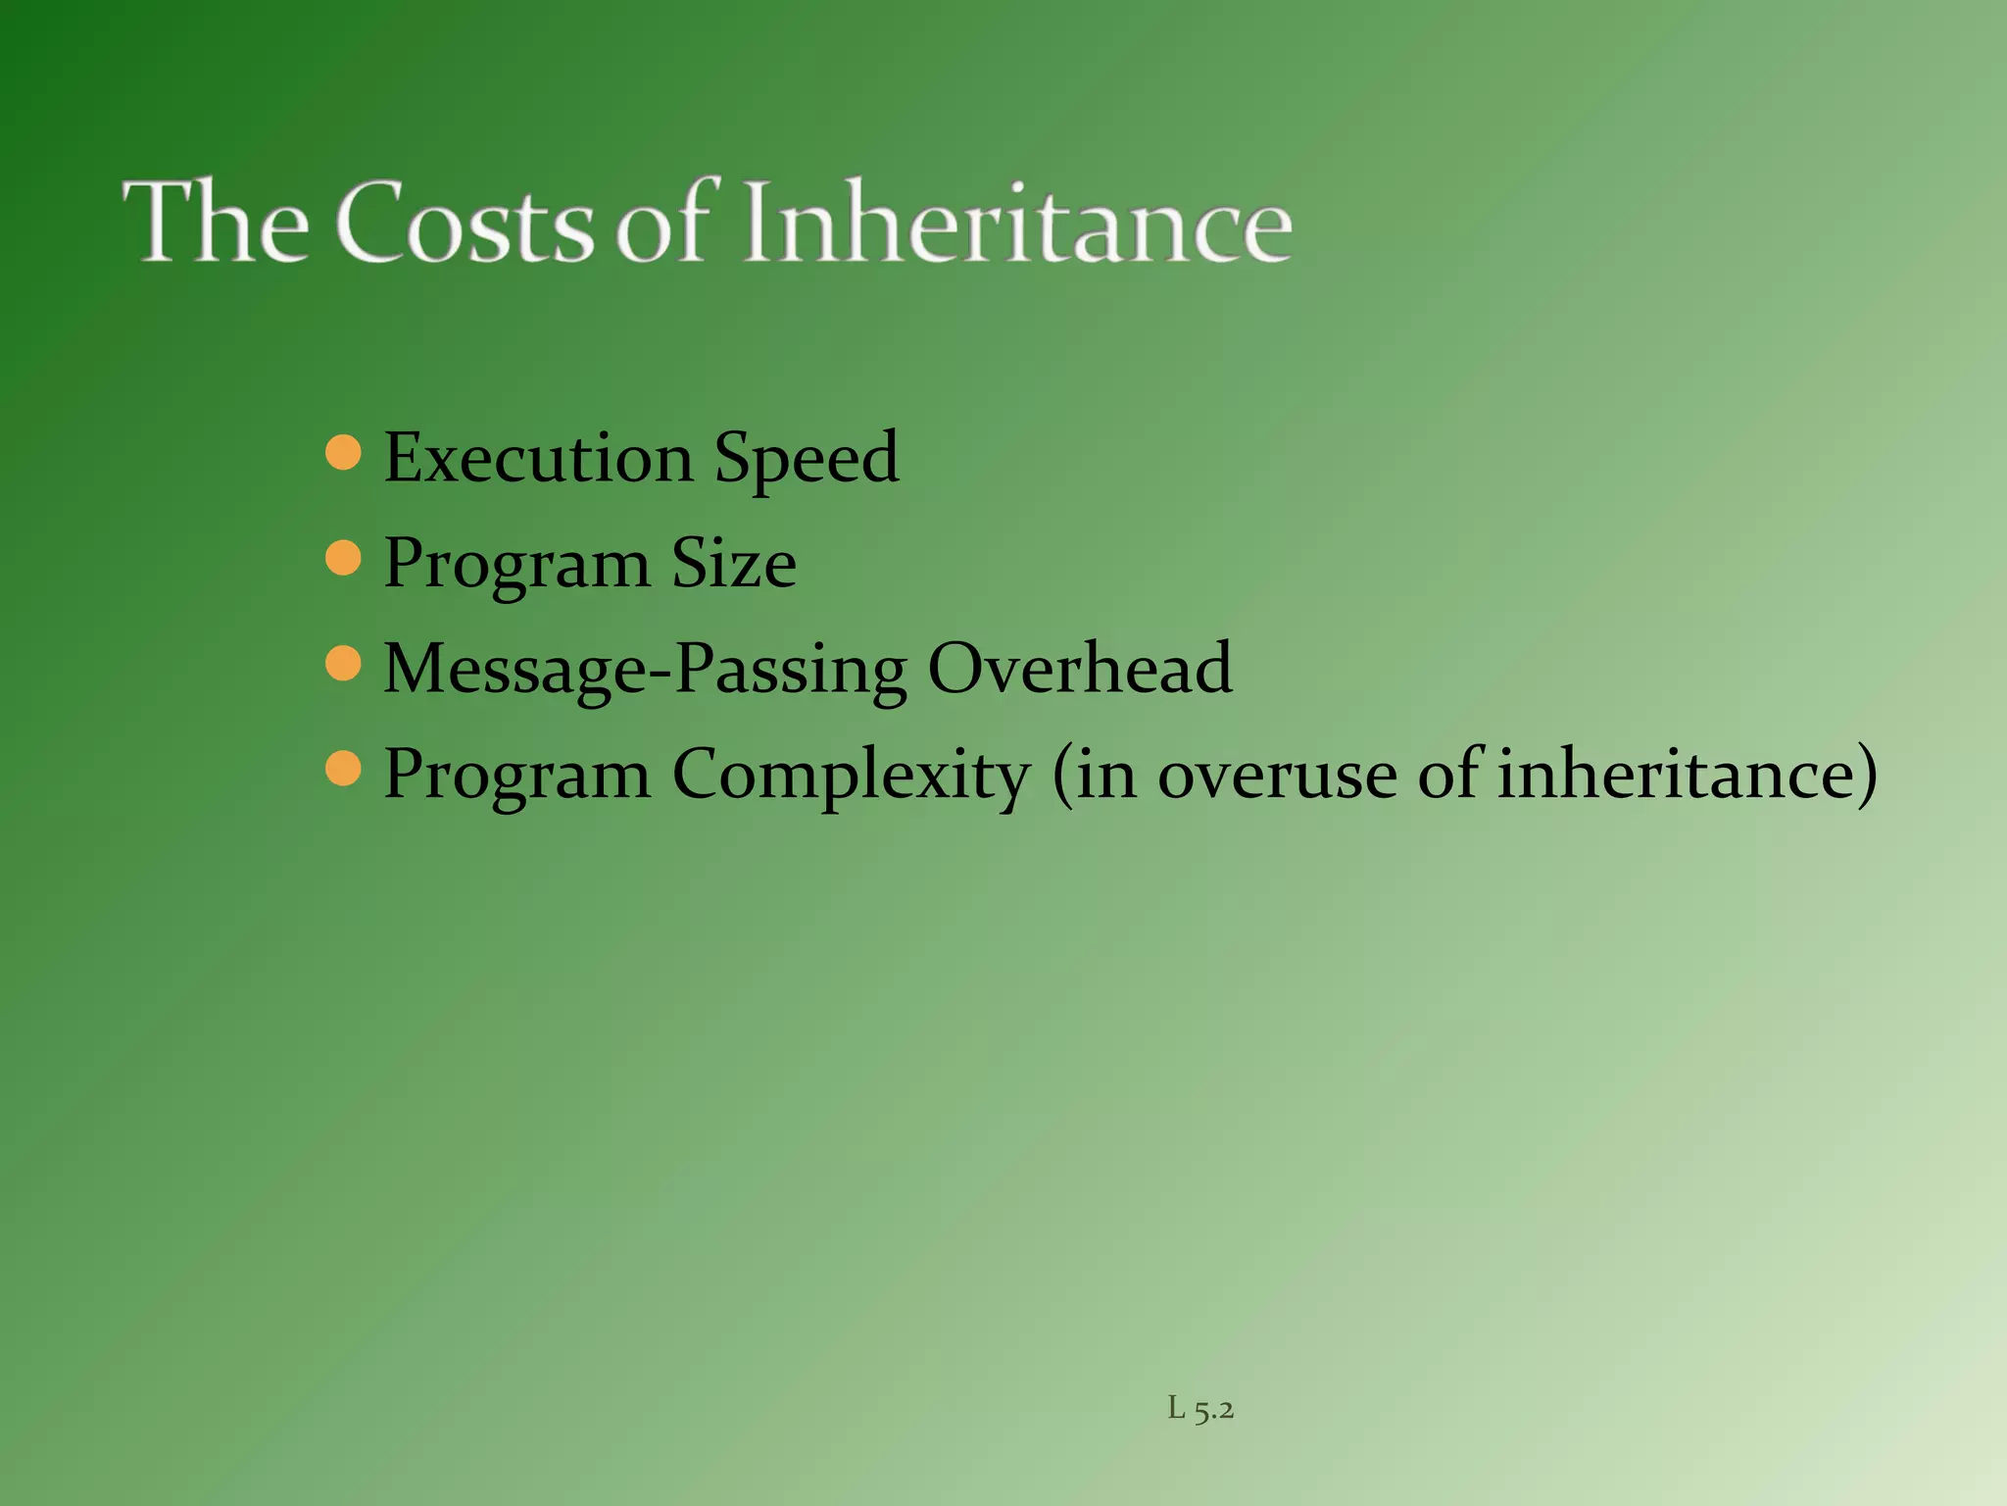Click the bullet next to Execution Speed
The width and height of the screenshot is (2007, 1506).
(343, 453)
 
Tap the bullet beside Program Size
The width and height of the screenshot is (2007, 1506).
(343, 559)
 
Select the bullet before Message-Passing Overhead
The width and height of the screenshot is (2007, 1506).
(343, 664)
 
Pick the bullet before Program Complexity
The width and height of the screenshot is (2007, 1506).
(343, 770)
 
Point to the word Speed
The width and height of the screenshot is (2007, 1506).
(806, 459)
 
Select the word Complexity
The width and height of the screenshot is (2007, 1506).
(851, 776)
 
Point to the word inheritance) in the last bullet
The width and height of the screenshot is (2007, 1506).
(1687, 774)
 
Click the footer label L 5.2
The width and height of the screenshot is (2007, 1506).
(1200, 1410)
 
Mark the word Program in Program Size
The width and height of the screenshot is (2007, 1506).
(516, 565)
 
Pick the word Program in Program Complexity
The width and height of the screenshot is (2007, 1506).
(516, 776)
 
